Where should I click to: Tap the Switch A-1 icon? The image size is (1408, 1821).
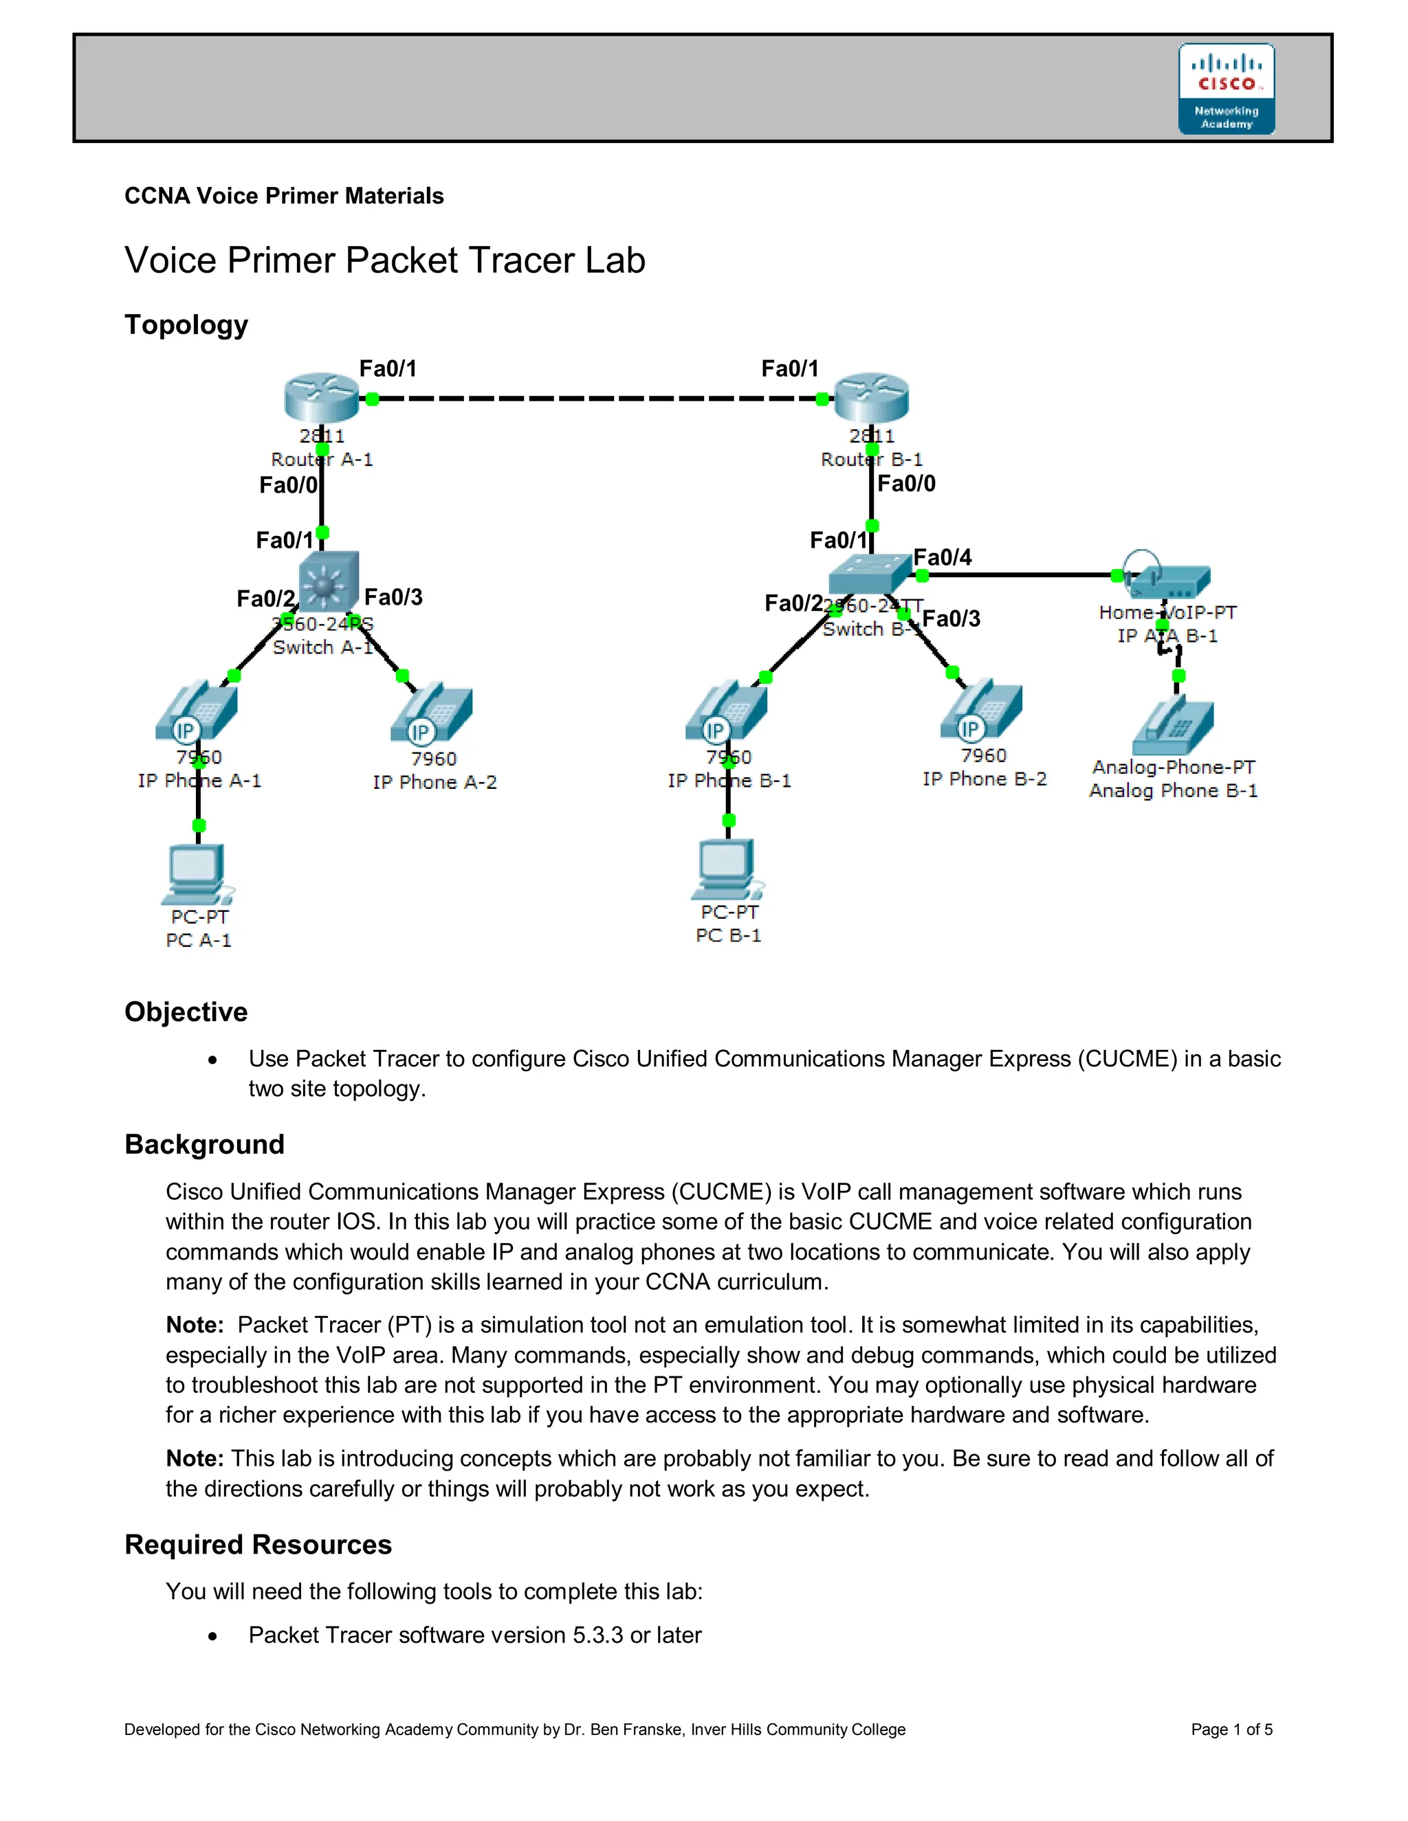tap(329, 581)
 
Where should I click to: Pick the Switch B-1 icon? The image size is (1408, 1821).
tap(869, 573)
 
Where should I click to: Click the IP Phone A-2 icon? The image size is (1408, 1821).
tap(431, 714)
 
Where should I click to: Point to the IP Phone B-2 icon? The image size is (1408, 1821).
tap(982, 712)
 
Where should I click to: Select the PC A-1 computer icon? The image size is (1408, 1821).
tap(197, 874)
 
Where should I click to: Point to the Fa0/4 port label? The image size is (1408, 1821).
tap(943, 557)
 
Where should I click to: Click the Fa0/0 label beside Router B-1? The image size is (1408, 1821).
tap(907, 484)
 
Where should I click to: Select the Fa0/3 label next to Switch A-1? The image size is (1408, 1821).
tap(394, 597)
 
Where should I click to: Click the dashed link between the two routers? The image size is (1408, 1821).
tap(596, 399)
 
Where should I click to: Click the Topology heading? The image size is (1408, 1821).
tap(186, 324)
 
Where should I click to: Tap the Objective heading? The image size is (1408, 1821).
tap(186, 1012)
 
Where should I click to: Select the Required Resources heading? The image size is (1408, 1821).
tap(258, 1544)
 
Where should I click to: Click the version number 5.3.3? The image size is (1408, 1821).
tap(597, 1635)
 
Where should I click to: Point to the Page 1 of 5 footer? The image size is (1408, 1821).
tap(1231, 1730)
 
